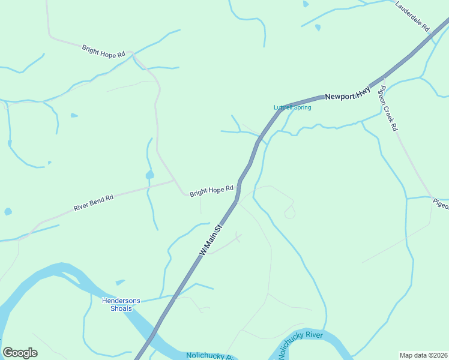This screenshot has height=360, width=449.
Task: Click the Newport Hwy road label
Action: pos(348,93)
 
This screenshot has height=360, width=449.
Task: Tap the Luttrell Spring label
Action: pos(292,107)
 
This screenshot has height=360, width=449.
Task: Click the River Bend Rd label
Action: pos(94,202)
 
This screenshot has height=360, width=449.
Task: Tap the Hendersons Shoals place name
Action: pos(121,304)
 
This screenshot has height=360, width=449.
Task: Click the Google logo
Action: pos(20,353)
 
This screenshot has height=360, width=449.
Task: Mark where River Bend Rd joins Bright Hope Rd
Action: pos(174,181)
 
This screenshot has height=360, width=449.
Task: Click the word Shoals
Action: pos(121,308)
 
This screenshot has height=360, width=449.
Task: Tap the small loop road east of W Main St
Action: pos(289,211)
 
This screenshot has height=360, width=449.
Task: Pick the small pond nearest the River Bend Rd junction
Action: pos(149,175)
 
